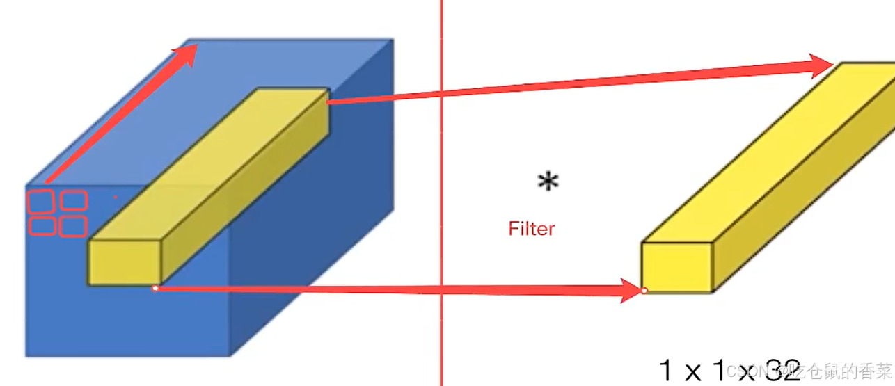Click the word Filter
pyautogui.click(x=532, y=228)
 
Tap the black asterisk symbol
pyautogui.click(x=548, y=182)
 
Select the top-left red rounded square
pyautogui.click(x=40, y=202)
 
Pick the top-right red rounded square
pyautogui.click(x=73, y=201)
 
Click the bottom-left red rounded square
pyautogui.click(x=42, y=227)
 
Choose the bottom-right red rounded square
pyautogui.click(x=72, y=226)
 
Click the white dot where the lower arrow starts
pyautogui.click(x=155, y=288)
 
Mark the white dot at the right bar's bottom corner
pyautogui.click(x=644, y=290)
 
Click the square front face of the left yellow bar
pyautogui.click(x=124, y=262)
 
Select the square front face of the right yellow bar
pyautogui.click(x=676, y=267)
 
